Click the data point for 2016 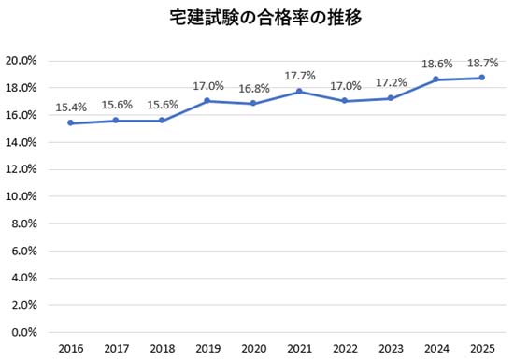pyautogui.click(x=71, y=123)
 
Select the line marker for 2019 pyautogui.click(x=207, y=101)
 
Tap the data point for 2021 pyautogui.click(x=299, y=92)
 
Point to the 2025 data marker pyautogui.click(x=481, y=78)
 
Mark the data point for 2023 pyautogui.click(x=391, y=98)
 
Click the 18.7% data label pyautogui.click(x=481, y=63)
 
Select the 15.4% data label pyautogui.click(x=71, y=108)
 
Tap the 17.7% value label pyautogui.click(x=299, y=77)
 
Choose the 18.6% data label pyautogui.click(x=436, y=65)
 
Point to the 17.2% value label pyautogui.click(x=391, y=83)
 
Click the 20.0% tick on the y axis pyautogui.click(x=21, y=61)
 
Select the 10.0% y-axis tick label pyautogui.click(x=21, y=196)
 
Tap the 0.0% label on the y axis pyautogui.click(x=23, y=332)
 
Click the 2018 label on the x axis pyautogui.click(x=162, y=348)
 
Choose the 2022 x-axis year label pyautogui.click(x=345, y=348)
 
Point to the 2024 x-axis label pyautogui.click(x=436, y=348)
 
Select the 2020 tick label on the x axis pyautogui.click(x=253, y=348)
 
